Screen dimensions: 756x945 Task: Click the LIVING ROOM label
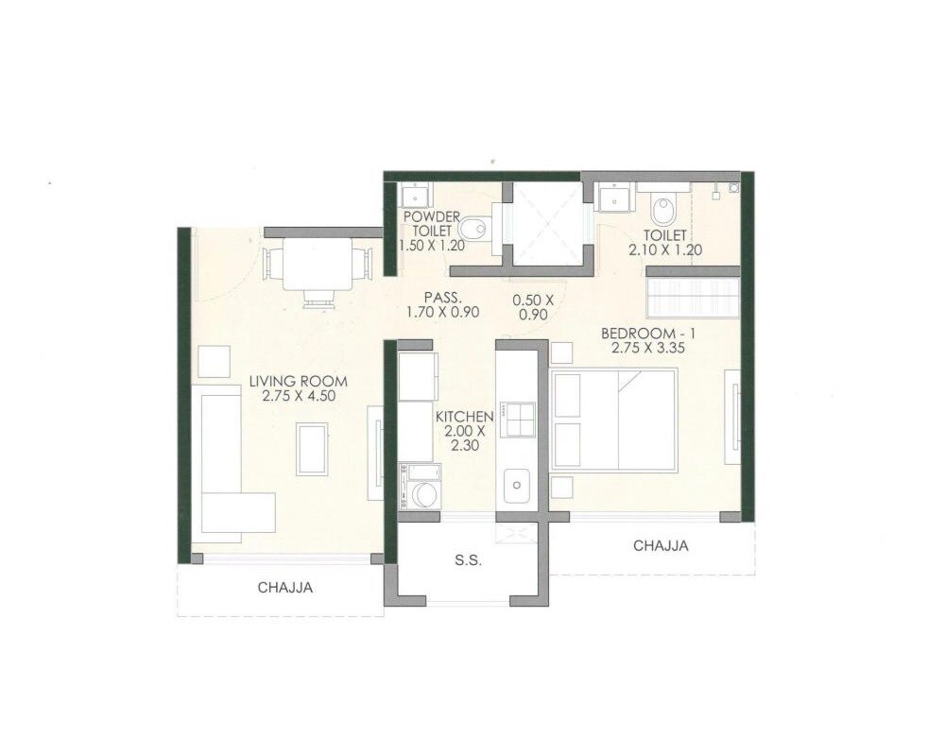[298, 381]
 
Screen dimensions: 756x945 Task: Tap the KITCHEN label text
[464, 416]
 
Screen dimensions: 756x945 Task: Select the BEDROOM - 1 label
[642, 333]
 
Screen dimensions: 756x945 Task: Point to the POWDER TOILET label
[431, 223]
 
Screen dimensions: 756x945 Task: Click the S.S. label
[468, 560]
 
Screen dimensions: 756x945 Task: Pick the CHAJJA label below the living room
[285, 588]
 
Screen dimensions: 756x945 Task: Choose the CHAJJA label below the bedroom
[661, 545]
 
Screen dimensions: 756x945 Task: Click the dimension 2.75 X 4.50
[298, 396]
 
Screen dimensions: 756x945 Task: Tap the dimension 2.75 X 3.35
[642, 348]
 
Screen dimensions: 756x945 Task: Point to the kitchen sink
[517, 487]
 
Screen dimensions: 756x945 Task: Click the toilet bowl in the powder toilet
[477, 228]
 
